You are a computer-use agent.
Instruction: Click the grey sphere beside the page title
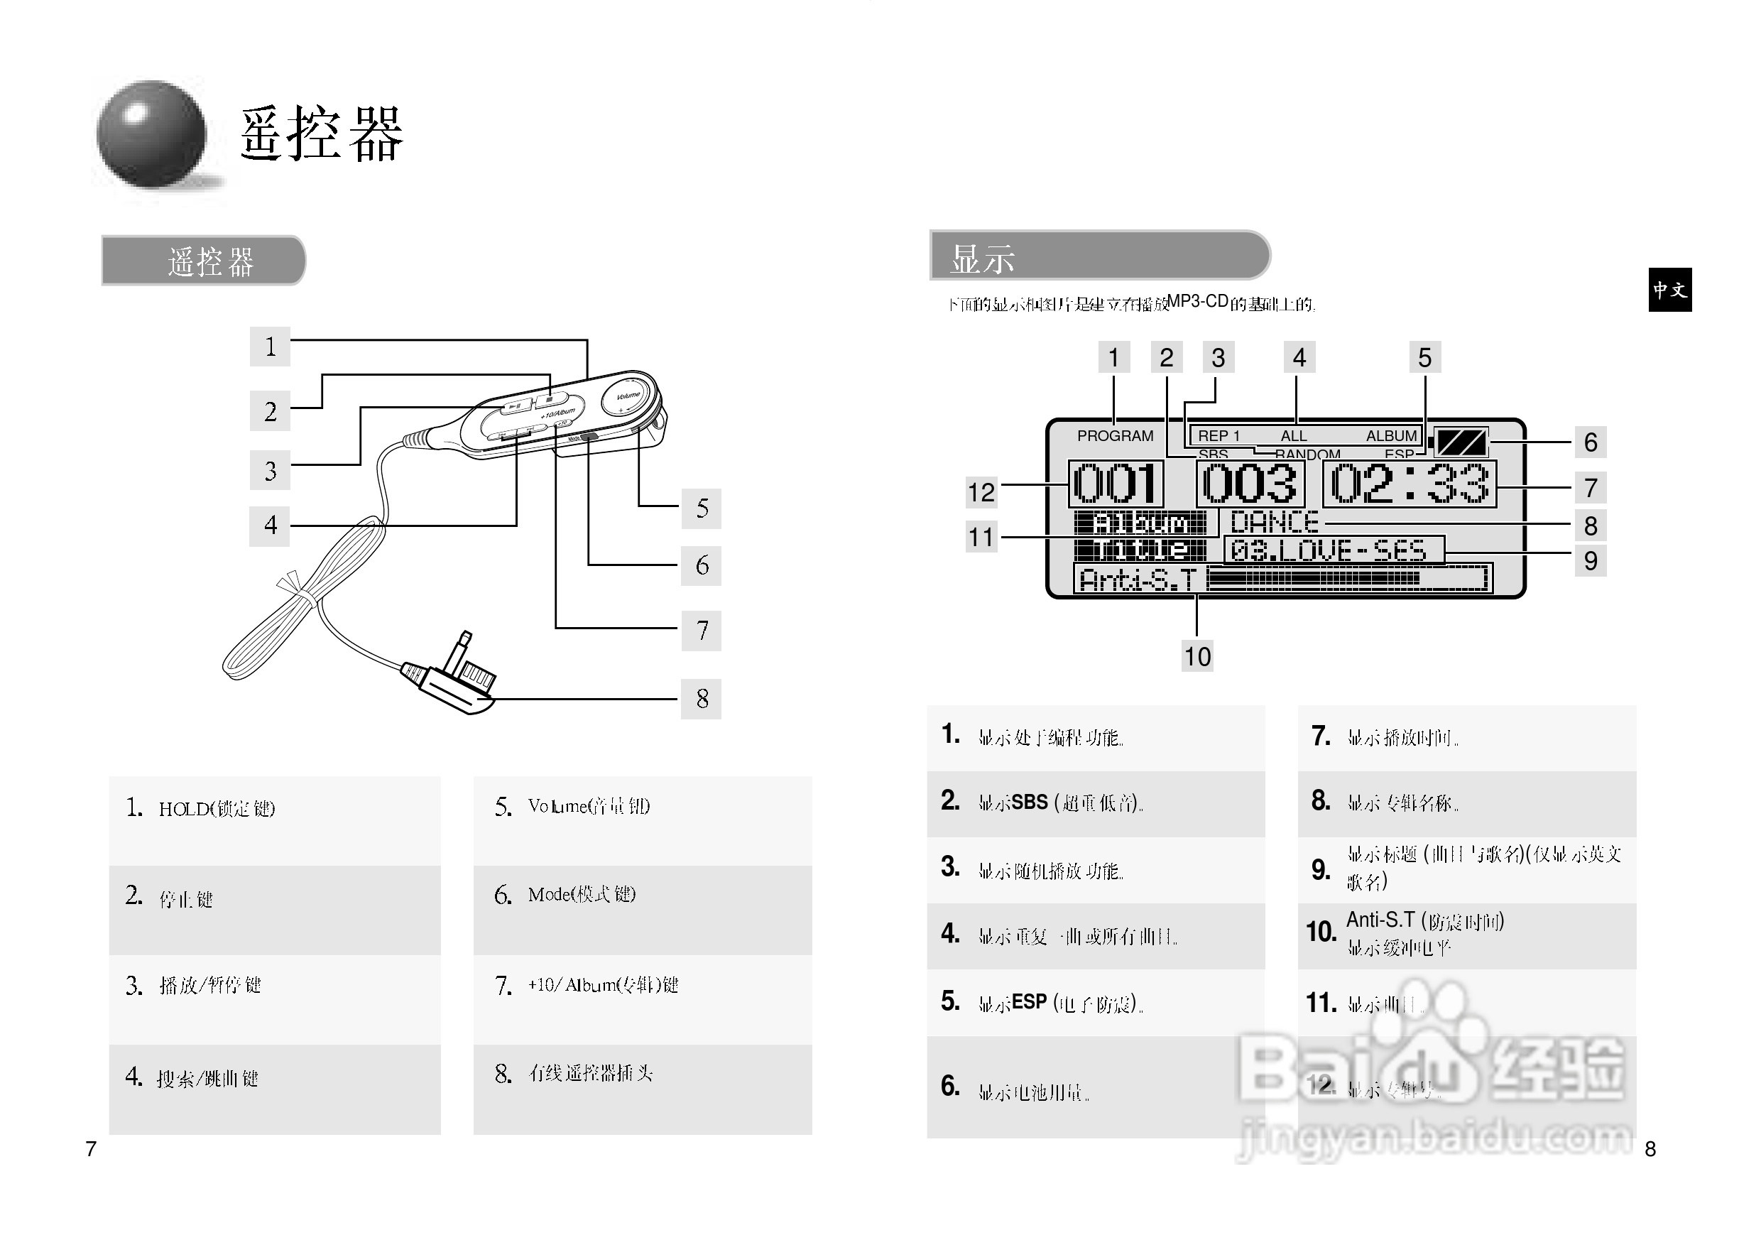(x=151, y=135)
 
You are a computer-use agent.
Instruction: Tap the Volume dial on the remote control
(x=628, y=396)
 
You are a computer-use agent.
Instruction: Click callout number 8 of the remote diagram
(x=701, y=699)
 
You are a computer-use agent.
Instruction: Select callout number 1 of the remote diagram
(x=270, y=347)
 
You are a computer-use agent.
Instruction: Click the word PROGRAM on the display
(x=1115, y=436)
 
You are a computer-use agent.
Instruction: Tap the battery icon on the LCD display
(x=1461, y=442)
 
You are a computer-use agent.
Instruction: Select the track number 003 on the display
(x=1249, y=484)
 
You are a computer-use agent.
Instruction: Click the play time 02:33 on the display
(x=1409, y=484)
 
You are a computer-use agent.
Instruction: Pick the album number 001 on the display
(x=1116, y=484)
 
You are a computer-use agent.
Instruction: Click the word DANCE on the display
(x=1275, y=523)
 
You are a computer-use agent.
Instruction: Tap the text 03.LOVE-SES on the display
(x=1328, y=550)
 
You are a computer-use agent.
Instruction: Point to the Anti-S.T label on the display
(x=1138, y=580)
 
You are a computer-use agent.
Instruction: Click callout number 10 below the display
(x=1196, y=656)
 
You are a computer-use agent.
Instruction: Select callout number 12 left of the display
(x=981, y=492)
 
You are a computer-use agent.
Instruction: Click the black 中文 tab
(x=1670, y=290)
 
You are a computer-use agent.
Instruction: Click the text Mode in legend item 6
(x=549, y=894)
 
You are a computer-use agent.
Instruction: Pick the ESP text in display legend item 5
(x=1029, y=1002)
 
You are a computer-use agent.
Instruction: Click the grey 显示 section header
(x=1099, y=256)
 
